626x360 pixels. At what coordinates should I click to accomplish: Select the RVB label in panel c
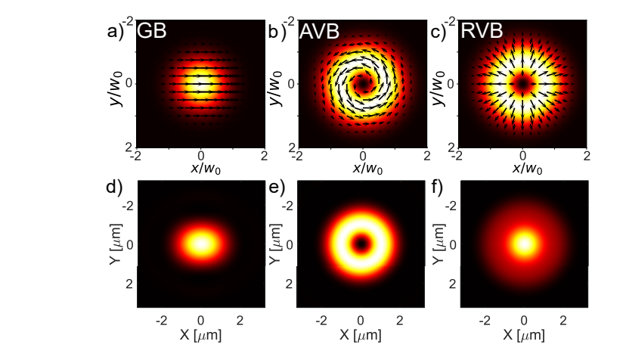coord(479,32)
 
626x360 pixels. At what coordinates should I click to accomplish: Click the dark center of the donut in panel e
coord(361,244)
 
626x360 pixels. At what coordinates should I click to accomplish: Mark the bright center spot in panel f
coord(522,244)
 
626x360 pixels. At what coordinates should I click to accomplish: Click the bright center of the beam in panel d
coord(200,244)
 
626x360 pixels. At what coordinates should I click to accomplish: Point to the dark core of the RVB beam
coord(522,82)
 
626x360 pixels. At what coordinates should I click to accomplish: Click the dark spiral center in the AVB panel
coord(363,82)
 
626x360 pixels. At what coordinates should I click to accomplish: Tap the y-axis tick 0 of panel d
coord(129,244)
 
